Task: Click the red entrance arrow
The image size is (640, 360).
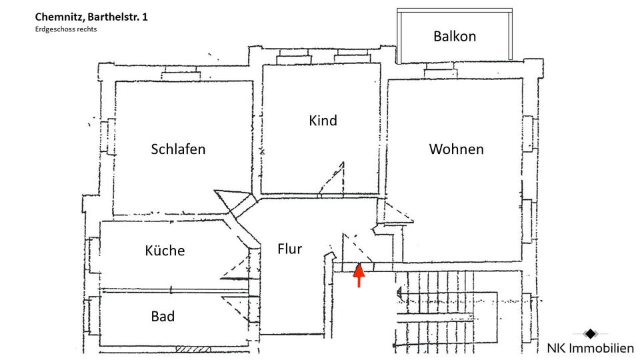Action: [359, 275]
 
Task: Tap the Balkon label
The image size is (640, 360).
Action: [455, 36]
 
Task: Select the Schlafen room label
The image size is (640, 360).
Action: [178, 149]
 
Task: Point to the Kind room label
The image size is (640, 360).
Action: [323, 121]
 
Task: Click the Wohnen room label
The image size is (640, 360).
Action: [456, 149]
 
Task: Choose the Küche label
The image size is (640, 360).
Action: [165, 251]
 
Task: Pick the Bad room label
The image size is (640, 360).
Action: [163, 316]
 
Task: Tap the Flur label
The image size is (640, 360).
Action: [290, 249]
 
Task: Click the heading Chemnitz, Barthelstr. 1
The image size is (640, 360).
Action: [92, 16]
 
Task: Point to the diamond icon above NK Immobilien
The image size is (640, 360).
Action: [590, 333]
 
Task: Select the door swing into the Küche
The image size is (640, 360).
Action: [237, 267]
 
